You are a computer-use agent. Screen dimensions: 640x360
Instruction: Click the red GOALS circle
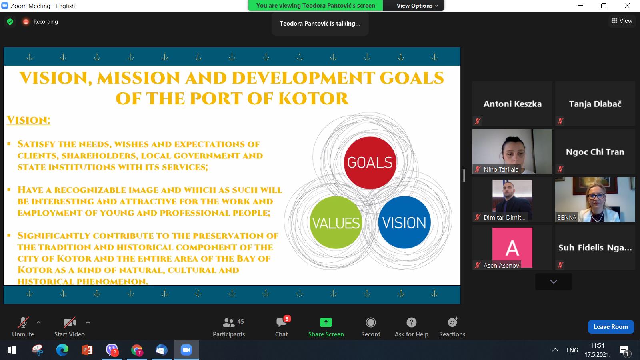pyautogui.click(x=370, y=162)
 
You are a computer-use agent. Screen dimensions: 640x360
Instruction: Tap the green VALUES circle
pyautogui.click(x=336, y=222)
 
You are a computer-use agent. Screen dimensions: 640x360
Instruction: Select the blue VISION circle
pyautogui.click(x=404, y=222)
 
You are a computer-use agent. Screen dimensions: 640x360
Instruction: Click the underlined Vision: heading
pyautogui.click(x=28, y=120)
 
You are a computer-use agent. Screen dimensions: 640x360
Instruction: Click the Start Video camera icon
pyautogui.click(x=70, y=322)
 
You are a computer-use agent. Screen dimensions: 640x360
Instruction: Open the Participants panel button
pyautogui.click(x=229, y=327)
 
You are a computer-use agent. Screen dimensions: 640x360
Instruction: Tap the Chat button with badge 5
pyautogui.click(x=282, y=327)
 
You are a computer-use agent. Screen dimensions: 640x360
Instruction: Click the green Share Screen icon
pyautogui.click(x=326, y=322)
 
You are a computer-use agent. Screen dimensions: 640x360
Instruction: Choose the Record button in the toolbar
pyautogui.click(x=370, y=327)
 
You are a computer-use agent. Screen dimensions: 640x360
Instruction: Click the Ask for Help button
pyautogui.click(x=412, y=327)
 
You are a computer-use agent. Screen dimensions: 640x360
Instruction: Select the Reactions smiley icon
pyautogui.click(x=452, y=322)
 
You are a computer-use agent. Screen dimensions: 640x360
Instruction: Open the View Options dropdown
pyautogui.click(x=417, y=6)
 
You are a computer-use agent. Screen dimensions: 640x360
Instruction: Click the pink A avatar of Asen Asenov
pyautogui.click(x=512, y=248)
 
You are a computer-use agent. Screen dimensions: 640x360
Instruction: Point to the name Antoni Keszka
pyautogui.click(x=512, y=104)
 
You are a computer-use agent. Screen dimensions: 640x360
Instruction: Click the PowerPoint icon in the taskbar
pyautogui.click(x=87, y=350)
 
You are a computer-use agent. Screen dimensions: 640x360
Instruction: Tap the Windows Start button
pyautogui.click(x=12, y=350)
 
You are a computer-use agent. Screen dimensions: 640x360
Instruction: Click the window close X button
pyautogui.click(x=627, y=6)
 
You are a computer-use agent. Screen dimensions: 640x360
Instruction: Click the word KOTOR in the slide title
pyautogui.click(x=314, y=98)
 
